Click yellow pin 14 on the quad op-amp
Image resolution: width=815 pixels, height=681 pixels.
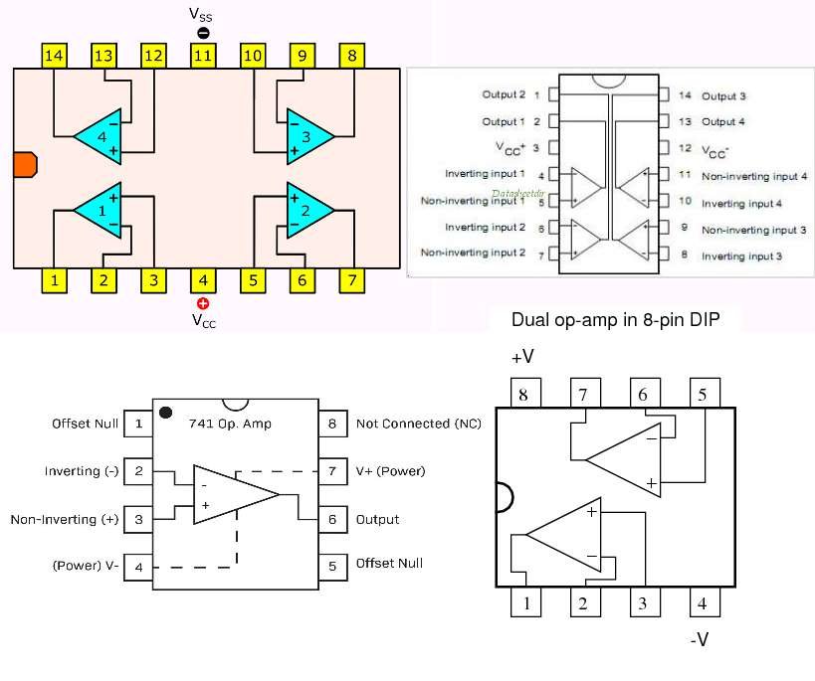click(x=54, y=56)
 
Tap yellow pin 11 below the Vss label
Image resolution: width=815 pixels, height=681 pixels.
click(x=203, y=56)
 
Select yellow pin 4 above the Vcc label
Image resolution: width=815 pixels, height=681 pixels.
click(x=203, y=280)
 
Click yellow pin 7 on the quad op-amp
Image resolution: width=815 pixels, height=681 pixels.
click(x=351, y=280)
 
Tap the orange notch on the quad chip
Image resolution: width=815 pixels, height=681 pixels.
click(x=25, y=167)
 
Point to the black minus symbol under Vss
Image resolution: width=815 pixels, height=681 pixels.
click(x=203, y=33)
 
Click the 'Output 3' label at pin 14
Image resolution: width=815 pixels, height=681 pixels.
click(x=723, y=96)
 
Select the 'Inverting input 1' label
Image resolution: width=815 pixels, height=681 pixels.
click(x=485, y=174)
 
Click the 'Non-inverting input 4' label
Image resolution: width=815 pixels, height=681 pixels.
click(x=753, y=175)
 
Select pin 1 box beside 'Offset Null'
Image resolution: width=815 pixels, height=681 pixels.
click(x=138, y=424)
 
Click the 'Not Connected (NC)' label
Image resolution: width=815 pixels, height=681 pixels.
click(x=418, y=424)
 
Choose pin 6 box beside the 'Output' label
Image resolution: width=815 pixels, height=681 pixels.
click(x=332, y=519)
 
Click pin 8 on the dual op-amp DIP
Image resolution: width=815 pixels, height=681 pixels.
click(x=523, y=394)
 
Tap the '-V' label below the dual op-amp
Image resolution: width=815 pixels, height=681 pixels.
click(x=700, y=640)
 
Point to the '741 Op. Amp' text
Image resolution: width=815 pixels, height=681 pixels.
click(x=230, y=424)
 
